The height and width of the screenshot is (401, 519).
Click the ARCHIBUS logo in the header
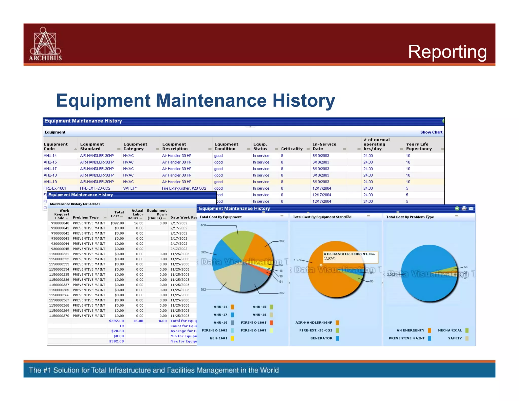tap(45, 44)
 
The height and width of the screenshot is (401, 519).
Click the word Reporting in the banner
tap(447, 52)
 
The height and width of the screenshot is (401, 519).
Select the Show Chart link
tap(431, 132)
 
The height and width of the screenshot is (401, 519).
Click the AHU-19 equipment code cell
tap(50, 182)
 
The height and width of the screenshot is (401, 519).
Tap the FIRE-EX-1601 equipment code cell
tap(55, 188)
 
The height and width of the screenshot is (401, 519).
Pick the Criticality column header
tap(292, 149)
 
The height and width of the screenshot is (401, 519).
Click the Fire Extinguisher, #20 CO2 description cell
tap(184, 188)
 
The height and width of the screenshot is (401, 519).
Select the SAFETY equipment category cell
tap(130, 188)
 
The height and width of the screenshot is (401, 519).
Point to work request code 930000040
tap(60, 223)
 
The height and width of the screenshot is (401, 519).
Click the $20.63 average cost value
tap(118, 331)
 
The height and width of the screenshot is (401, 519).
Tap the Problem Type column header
tap(86, 217)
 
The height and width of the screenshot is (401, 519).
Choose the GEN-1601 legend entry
tap(218, 338)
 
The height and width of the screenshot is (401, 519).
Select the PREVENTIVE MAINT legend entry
tap(406, 338)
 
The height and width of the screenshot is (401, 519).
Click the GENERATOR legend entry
tap(321, 338)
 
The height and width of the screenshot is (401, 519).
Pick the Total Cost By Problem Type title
tap(410, 217)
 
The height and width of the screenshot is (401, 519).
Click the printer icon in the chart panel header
tap(464, 208)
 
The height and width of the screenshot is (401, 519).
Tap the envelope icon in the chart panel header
tap(471, 208)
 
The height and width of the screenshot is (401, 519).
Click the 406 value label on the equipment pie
tap(203, 225)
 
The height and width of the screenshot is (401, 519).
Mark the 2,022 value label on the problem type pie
tap(391, 275)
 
